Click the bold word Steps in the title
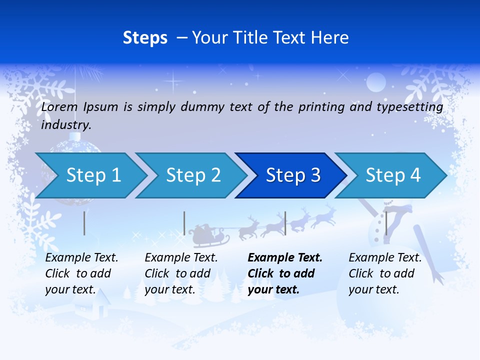point(145,38)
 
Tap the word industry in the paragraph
point(65,124)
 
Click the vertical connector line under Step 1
point(84,223)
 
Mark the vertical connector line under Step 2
point(184,223)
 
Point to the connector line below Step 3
point(285,223)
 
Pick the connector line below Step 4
point(386,223)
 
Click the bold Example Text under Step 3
point(285,258)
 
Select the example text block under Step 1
point(81,273)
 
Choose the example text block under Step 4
point(385,273)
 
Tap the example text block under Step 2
point(181,273)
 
